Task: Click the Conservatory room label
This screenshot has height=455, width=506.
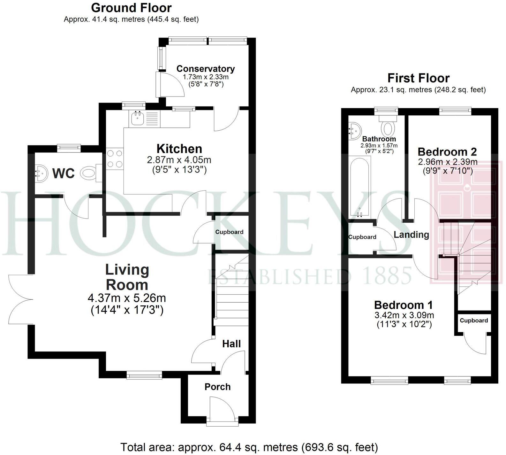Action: [205, 69]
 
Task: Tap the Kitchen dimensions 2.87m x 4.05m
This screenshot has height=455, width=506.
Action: [179, 159]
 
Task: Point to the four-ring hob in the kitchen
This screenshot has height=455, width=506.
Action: [115, 159]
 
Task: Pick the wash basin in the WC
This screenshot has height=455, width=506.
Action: [41, 173]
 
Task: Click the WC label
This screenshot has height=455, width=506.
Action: [64, 174]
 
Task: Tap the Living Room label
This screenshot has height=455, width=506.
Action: [127, 277]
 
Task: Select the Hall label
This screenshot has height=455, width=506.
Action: [231, 344]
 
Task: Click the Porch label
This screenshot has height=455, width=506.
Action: [217, 387]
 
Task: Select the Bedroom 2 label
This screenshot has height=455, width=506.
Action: [447, 151]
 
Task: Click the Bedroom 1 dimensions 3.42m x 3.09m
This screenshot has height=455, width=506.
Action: [404, 315]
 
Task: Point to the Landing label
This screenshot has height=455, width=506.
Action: [411, 235]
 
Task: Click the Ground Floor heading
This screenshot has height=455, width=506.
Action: [131, 8]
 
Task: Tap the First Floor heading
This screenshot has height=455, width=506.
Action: [418, 78]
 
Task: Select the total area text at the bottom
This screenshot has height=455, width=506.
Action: [249, 447]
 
